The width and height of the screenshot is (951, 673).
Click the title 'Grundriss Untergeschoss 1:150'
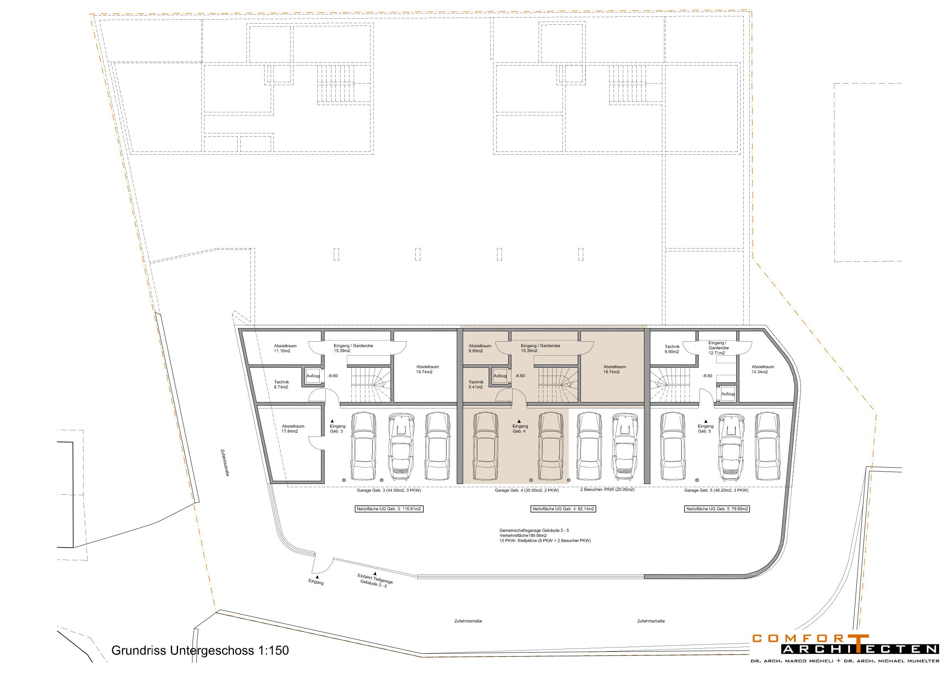pos(200,650)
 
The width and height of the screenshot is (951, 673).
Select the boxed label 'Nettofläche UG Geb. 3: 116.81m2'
pos(389,509)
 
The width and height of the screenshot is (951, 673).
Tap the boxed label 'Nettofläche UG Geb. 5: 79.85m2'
pos(717,509)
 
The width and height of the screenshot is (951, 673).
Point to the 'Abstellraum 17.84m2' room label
pos(293,429)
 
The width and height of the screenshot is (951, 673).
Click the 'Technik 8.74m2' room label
pos(281,384)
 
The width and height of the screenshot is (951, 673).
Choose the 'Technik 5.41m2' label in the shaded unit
pos(476,384)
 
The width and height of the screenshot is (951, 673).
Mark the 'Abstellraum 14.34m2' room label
pos(763,369)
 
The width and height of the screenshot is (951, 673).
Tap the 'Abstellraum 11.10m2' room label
pos(285,348)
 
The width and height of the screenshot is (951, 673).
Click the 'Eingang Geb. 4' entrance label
pos(520,429)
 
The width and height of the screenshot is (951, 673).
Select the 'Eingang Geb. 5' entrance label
pos(705,429)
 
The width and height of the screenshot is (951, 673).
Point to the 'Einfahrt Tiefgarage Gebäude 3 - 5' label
pos(374,580)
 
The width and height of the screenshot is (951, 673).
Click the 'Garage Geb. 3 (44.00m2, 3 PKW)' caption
pos(388,490)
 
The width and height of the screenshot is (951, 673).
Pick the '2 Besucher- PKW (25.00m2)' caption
pos(607,489)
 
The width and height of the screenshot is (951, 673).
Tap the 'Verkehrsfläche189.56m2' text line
pos(523,536)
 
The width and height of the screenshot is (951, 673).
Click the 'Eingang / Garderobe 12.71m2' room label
pos(718,348)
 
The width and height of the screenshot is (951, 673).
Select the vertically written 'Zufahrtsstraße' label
pos(225,463)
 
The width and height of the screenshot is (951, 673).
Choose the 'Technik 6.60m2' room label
pos(672,349)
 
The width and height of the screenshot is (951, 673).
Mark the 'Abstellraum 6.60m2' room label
pos(479,348)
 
